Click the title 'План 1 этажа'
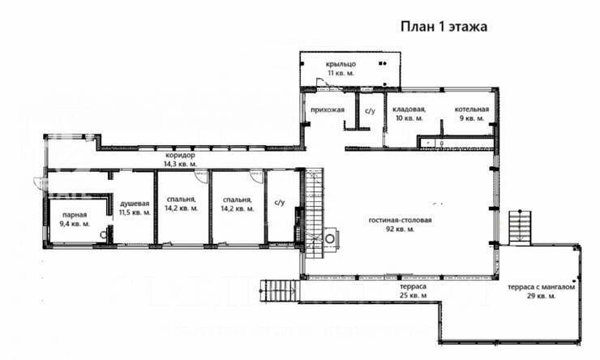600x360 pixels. [443, 26]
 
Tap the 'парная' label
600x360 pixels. [75, 215]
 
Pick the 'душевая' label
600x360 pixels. [135, 203]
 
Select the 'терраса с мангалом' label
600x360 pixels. [542, 287]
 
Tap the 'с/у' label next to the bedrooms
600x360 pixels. [279, 204]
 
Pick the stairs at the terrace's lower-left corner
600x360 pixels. [277, 289]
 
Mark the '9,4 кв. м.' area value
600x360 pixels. [75, 224]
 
